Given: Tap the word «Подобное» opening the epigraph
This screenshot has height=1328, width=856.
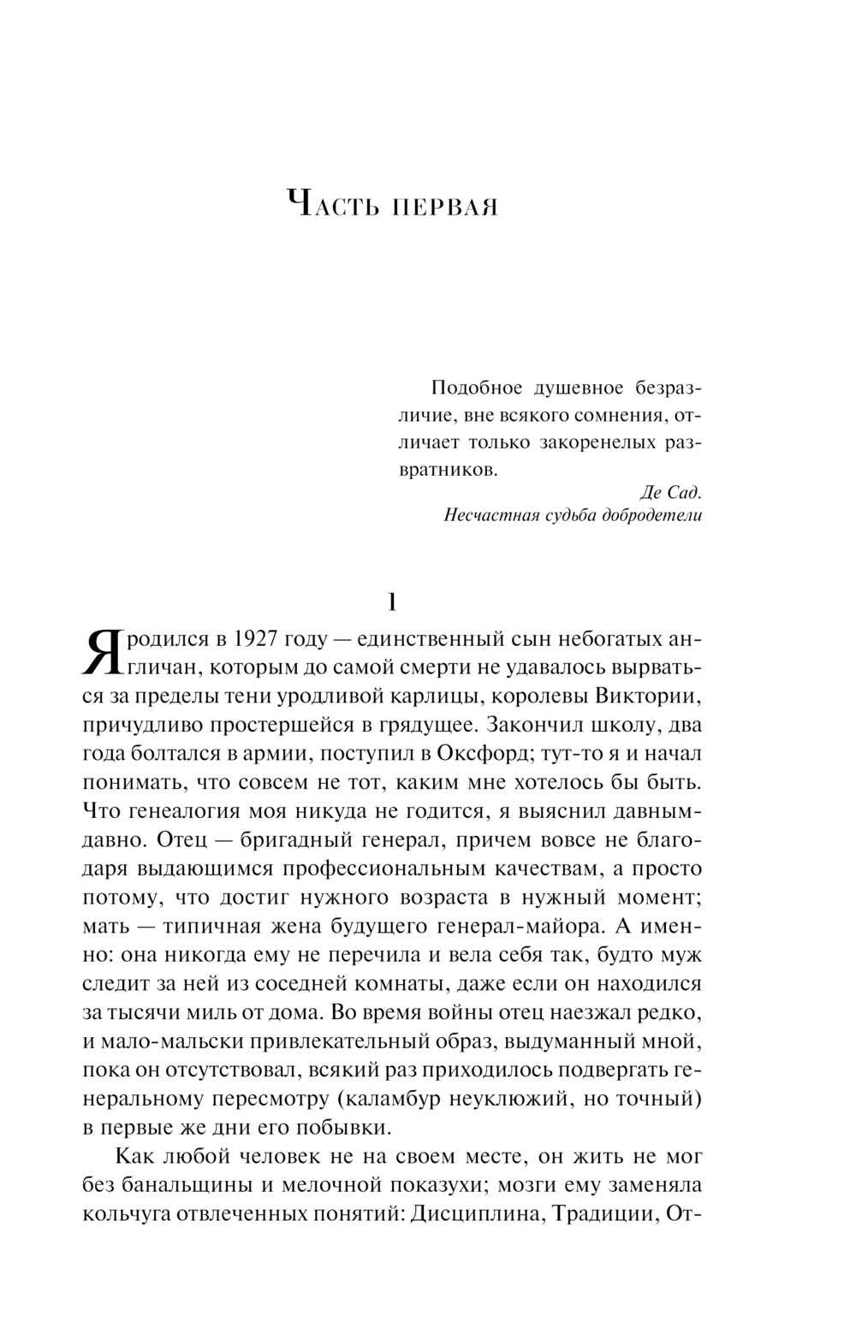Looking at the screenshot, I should click(476, 388).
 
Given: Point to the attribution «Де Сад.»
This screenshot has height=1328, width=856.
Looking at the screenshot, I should click(671, 492).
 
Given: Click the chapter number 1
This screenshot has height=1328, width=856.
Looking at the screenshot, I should click(392, 602).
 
